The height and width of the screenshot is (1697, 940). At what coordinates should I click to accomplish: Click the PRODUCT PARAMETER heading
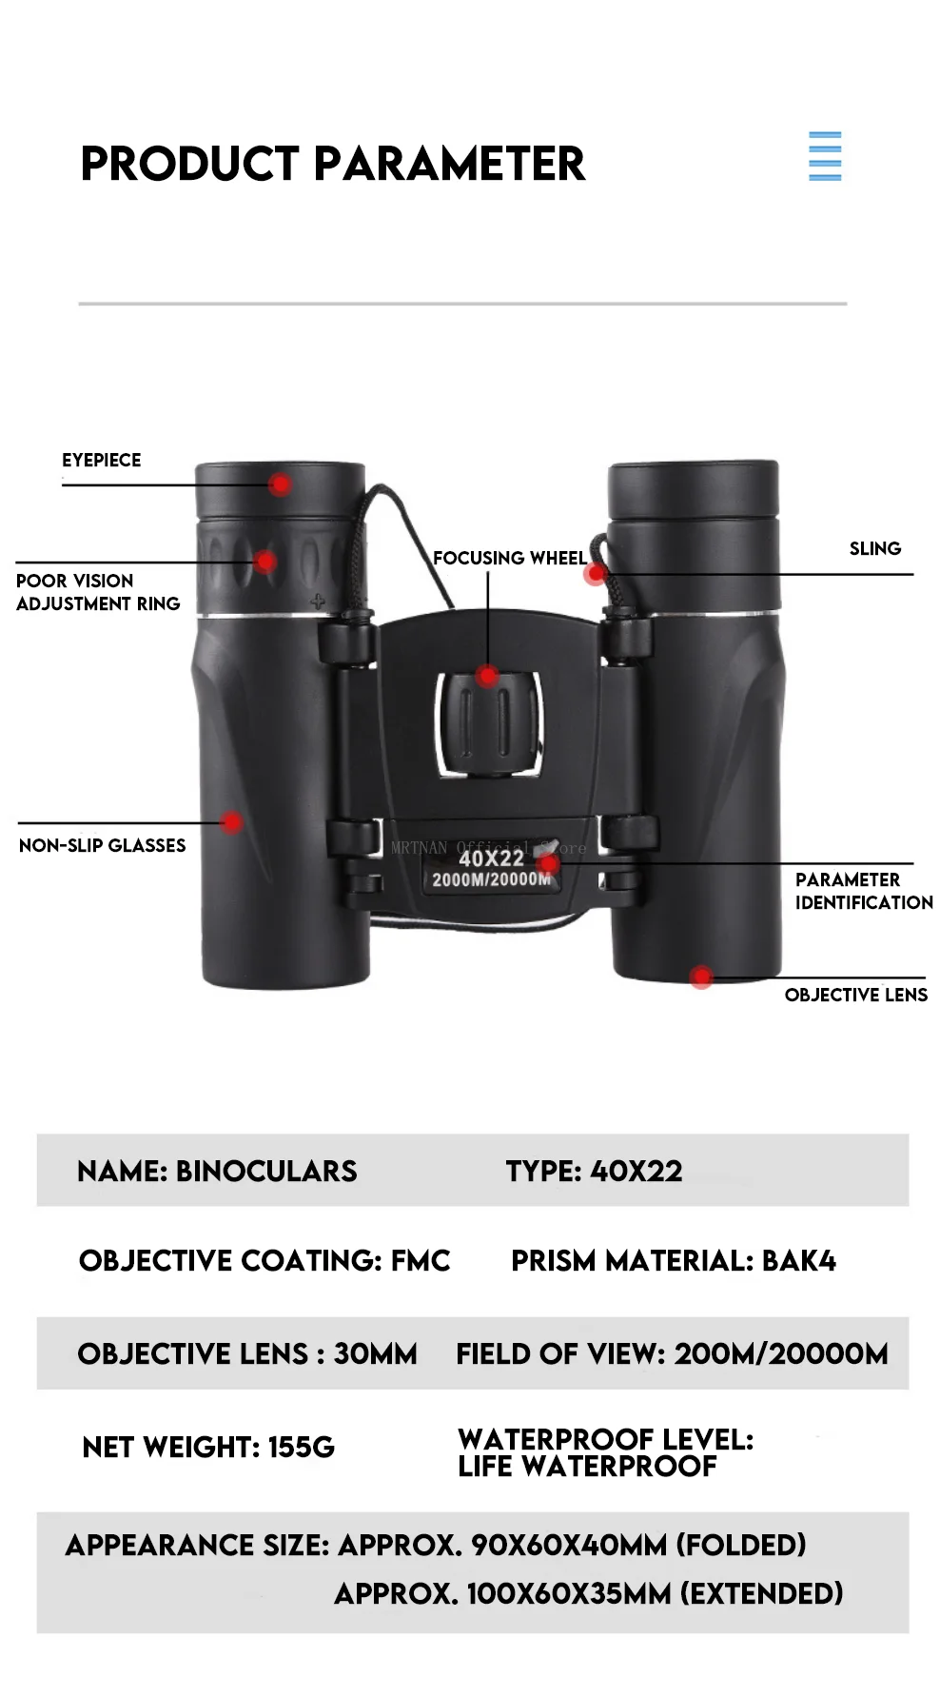332,164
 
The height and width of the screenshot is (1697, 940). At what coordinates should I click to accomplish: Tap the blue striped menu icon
824,156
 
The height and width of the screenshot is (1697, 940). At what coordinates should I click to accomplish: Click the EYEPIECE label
102,461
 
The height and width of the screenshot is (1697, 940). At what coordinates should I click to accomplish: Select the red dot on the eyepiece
280,484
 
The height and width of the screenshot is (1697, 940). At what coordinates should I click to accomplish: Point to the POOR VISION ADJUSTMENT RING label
98,592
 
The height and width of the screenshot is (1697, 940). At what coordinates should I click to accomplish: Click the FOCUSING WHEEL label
509,559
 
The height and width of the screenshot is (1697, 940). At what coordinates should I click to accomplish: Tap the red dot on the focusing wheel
487,677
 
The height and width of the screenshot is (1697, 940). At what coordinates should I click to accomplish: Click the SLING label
874,549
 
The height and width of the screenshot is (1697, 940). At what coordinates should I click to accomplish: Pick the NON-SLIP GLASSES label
103,846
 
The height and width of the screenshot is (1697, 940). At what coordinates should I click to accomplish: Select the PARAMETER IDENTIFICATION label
863,892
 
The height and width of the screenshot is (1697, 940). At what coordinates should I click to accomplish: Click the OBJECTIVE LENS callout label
855,996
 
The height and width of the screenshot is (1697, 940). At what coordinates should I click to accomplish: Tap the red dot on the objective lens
702,977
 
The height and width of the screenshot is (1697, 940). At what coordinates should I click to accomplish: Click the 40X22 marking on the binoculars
491,858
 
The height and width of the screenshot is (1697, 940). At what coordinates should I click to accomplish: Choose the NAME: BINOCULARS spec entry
217,1172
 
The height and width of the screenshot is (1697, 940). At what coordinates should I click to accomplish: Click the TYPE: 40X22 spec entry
594,1172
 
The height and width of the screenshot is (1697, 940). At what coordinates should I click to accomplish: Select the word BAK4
798,1261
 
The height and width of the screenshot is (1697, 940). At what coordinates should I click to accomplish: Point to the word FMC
421,1261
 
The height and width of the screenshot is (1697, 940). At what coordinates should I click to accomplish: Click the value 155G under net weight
302,1448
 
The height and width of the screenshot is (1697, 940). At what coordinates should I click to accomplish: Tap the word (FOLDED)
741,1545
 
